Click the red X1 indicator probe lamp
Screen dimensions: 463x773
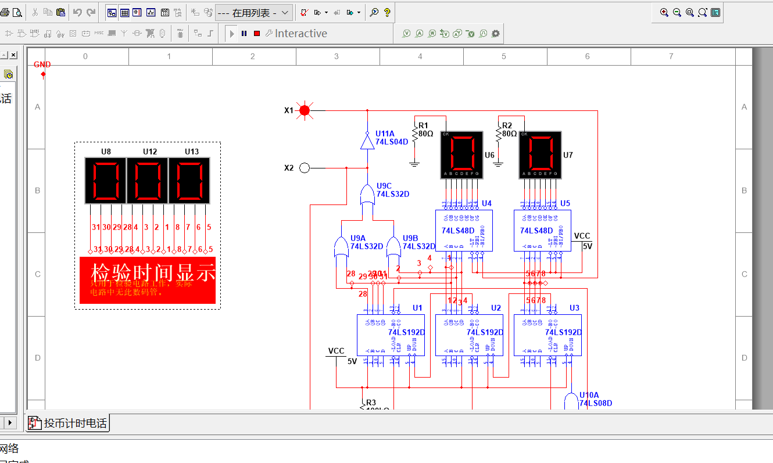click(x=304, y=110)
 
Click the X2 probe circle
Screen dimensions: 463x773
click(x=304, y=168)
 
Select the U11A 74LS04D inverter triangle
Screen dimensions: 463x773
click(x=367, y=142)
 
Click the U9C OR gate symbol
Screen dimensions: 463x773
click(x=367, y=195)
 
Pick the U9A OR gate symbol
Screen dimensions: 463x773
click(x=341, y=247)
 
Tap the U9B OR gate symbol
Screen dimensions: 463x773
click(x=393, y=247)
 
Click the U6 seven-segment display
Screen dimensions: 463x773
click(x=461, y=155)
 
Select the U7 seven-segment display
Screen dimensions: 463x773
click(x=540, y=155)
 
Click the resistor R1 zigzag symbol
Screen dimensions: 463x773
click(x=414, y=134)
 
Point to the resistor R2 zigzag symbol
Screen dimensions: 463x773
click(x=498, y=134)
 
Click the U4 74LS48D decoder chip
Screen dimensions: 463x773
click(x=464, y=231)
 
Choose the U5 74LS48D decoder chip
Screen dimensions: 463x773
click(x=542, y=231)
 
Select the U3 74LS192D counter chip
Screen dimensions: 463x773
click(x=547, y=335)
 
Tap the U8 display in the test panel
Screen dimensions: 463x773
click(x=106, y=180)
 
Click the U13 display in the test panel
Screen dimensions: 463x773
click(x=189, y=180)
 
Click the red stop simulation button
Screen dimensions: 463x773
click(x=257, y=34)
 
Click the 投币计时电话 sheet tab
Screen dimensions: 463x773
click(x=69, y=423)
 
